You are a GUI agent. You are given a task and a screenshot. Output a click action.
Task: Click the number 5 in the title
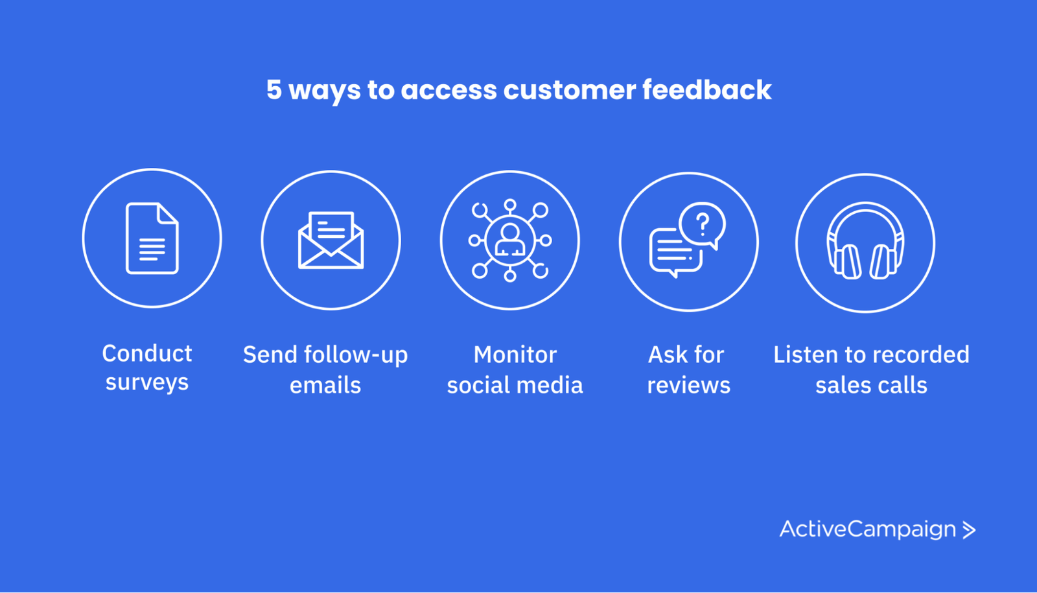click(x=274, y=89)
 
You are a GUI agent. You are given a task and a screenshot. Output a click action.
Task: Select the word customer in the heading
click(x=570, y=90)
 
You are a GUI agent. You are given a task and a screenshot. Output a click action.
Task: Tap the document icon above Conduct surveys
click(x=152, y=238)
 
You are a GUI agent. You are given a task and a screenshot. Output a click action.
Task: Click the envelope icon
click(x=331, y=240)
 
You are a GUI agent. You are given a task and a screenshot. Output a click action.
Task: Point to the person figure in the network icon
click(x=509, y=240)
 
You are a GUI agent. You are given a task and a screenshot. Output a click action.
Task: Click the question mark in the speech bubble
click(x=703, y=224)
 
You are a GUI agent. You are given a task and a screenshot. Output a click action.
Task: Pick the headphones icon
click(x=865, y=240)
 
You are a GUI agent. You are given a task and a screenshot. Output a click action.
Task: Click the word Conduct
click(x=147, y=354)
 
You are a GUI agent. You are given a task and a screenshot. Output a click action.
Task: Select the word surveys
click(x=147, y=383)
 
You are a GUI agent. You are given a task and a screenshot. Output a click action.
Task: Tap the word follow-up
click(x=356, y=356)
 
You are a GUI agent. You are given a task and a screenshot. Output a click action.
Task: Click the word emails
click(x=325, y=385)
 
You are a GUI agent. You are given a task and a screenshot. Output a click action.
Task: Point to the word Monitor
click(x=515, y=355)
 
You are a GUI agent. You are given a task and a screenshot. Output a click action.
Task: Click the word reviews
click(x=689, y=385)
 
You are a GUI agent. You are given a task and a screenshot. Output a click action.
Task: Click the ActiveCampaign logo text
click(x=868, y=529)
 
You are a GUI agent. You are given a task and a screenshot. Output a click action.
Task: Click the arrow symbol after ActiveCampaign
click(x=969, y=530)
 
